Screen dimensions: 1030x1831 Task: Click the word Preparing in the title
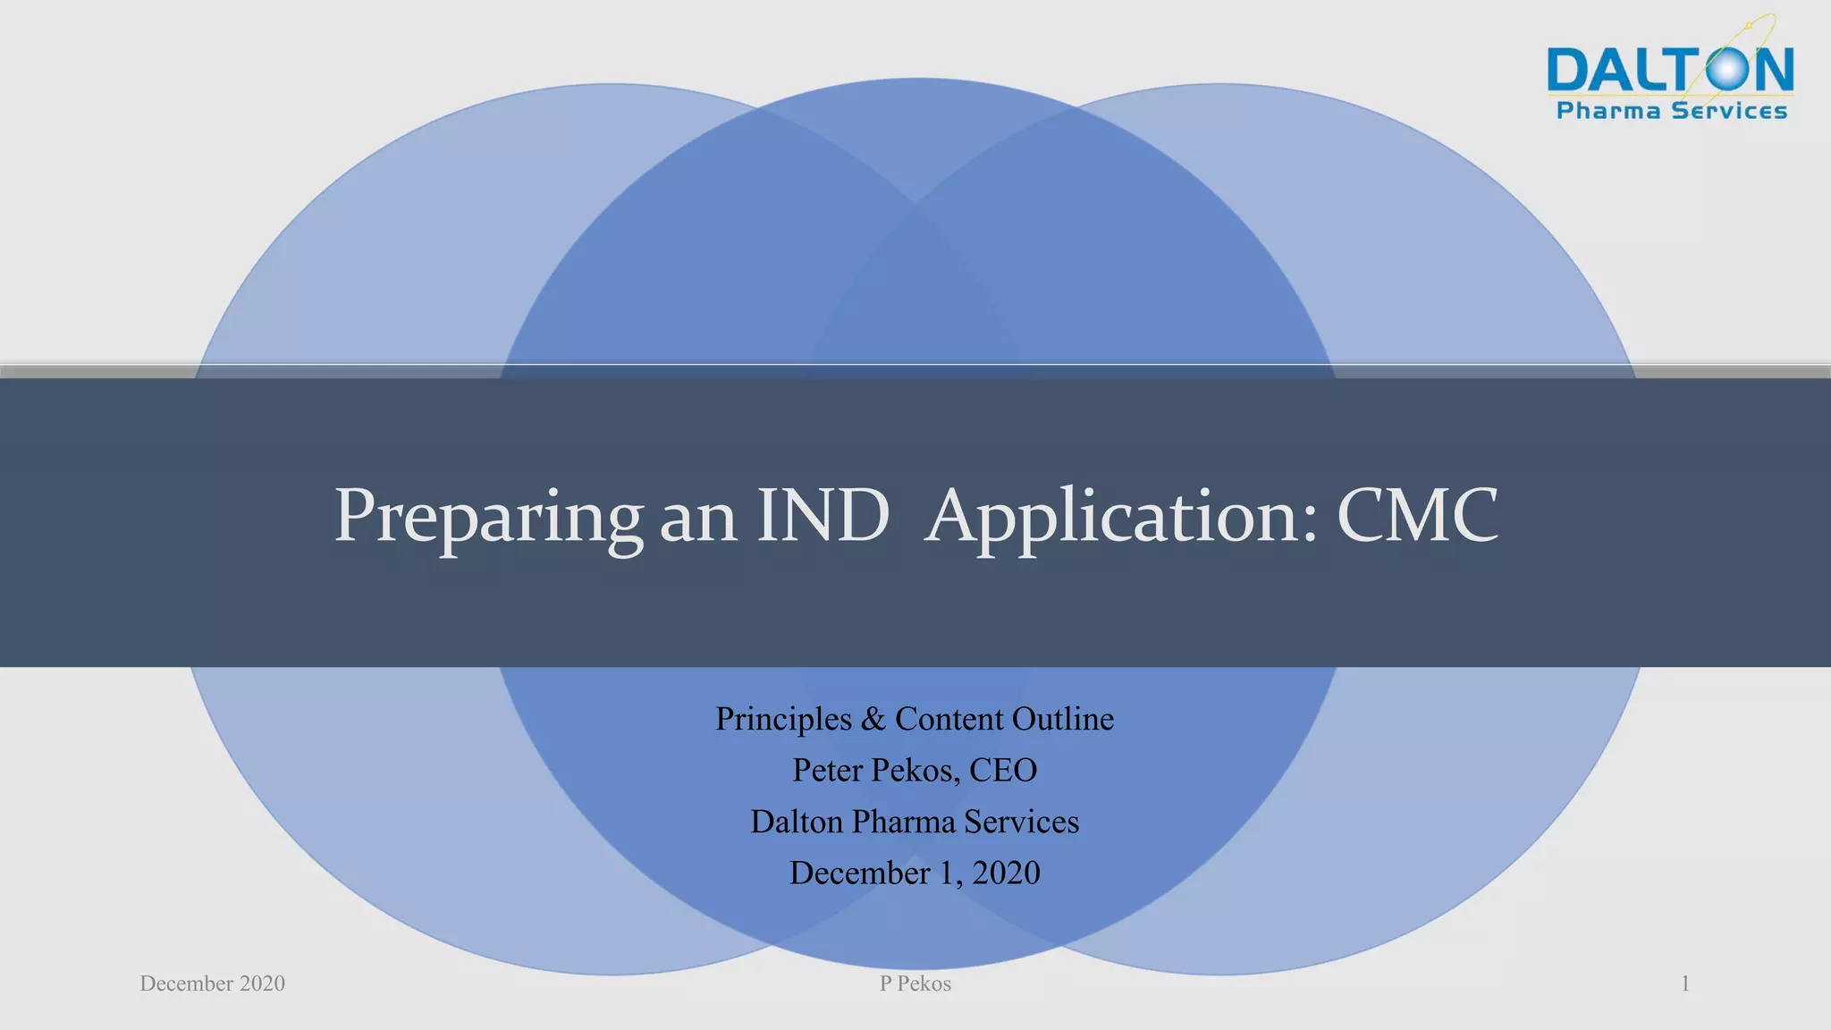click(488, 517)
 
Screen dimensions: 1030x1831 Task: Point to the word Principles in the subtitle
click(783, 720)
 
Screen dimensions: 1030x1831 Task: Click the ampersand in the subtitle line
click(873, 719)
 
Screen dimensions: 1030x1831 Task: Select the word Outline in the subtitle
click(1063, 719)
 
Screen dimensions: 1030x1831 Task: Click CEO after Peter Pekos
click(1002, 770)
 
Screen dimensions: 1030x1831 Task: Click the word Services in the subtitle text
click(1021, 822)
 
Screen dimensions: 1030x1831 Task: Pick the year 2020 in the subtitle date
click(1006, 873)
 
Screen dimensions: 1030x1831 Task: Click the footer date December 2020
click(212, 984)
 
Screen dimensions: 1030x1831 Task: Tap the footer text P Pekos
click(915, 984)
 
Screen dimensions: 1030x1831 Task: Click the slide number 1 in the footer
click(1684, 984)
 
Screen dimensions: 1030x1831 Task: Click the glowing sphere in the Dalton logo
click(1726, 69)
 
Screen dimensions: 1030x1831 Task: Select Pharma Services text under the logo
click(1671, 111)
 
